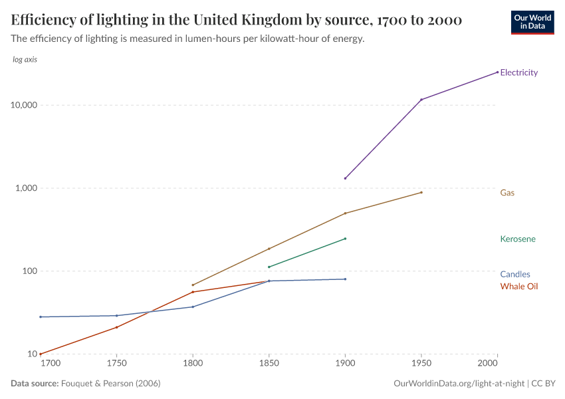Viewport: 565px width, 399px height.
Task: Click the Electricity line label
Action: (x=518, y=72)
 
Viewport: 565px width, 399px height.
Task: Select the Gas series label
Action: (x=507, y=193)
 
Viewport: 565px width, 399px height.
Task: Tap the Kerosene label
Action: (x=518, y=239)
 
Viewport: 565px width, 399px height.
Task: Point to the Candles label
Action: (x=515, y=274)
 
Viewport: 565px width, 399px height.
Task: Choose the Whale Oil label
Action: (x=518, y=287)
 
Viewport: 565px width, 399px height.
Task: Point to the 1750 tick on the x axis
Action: (x=116, y=363)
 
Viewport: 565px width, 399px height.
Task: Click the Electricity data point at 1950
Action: (x=421, y=100)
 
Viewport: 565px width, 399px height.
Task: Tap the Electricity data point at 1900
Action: (x=345, y=178)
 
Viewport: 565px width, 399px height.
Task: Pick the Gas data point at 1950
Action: (x=421, y=192)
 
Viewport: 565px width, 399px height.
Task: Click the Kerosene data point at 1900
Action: (x=345, y=238)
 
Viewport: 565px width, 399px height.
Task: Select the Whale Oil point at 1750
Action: (x=116, y=327)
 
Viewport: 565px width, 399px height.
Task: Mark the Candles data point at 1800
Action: (x=193, y=307)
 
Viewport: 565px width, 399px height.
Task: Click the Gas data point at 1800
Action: (x=193, y=285)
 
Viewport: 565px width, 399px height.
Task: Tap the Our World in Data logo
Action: (x=532, y=22)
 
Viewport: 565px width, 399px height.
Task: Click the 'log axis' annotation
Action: (x=25, y=60)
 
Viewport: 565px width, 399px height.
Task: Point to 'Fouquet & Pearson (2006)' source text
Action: (x=110, y=384)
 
